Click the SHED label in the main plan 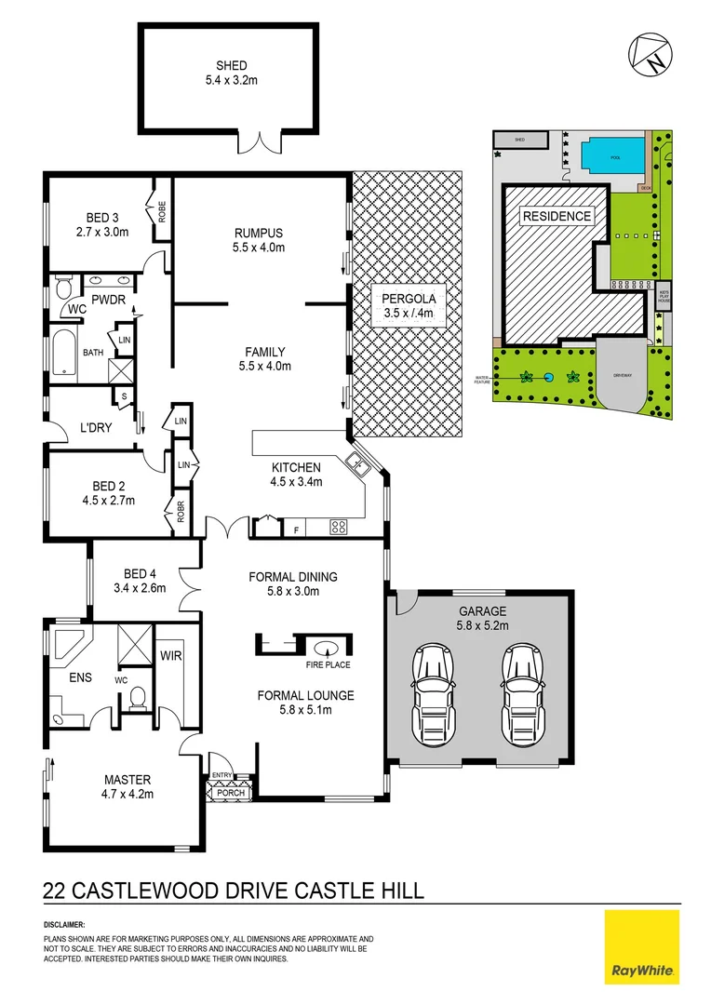coord(231,65)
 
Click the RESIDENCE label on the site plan coord(557,216)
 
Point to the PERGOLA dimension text coord(409,314)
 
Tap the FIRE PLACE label coord(326,665)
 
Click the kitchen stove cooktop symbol coord(339,528)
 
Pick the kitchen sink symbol coord(355,462)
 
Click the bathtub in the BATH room coord(64,354)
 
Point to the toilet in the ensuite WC coord(138,696)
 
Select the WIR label coord(170,656)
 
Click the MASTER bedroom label coord(127,780)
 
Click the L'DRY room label coord(96,427)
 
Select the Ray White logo coord(642,946)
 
